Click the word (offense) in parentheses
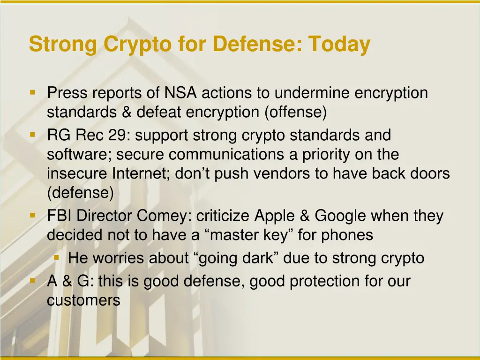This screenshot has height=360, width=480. point(295,112)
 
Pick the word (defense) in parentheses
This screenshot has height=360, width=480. point(80,193)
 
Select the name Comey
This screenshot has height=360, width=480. point(165,216)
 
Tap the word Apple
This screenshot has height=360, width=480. point(276,216)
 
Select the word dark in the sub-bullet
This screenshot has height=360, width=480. point(265,258)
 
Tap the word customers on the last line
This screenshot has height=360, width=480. point(83,300)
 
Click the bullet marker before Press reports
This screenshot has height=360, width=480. point(32,91)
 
